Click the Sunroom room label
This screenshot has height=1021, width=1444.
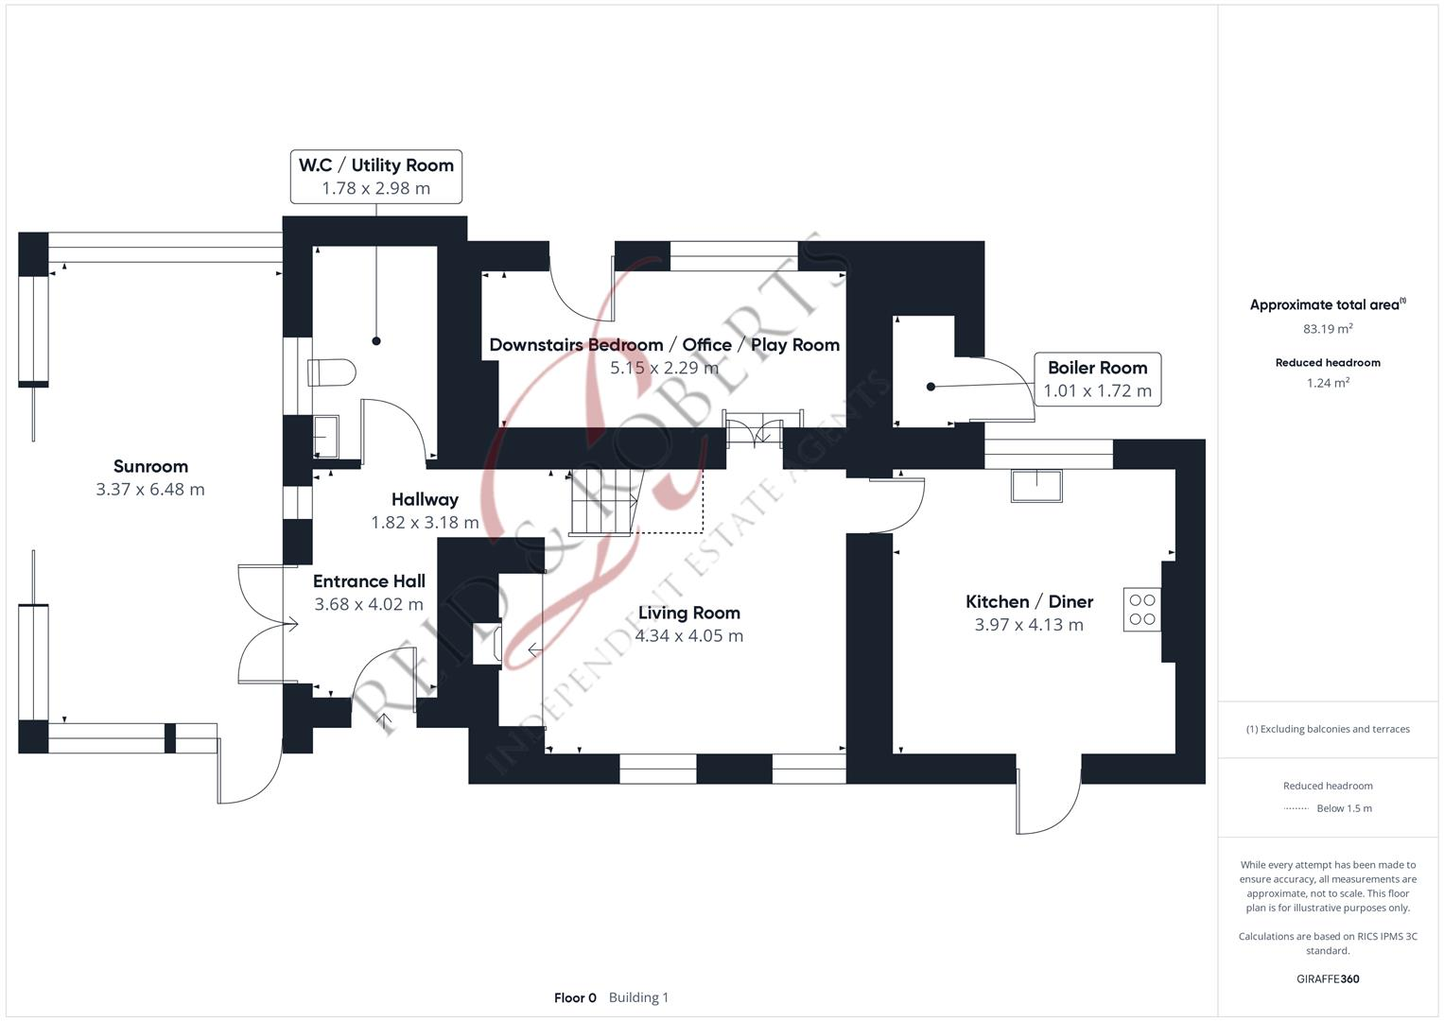pyautogui.click(x=150, y=466)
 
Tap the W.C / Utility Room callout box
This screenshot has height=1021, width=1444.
pyautogui.click(x=375, y=176)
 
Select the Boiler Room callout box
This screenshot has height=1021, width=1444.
pyautogui.click(x=1097, y=379)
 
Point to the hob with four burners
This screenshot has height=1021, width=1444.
pyautogui.click(x=1141, y=610)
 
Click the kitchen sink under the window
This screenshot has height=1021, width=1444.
pyautogui.click(x=1035, y=486)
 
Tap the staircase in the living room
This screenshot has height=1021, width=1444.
pyautogui.click(x=602, y=502)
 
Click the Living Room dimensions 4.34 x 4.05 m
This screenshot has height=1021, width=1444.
pyautogui.click(x=688, y=636)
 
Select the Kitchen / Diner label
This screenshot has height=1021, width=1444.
pyautogui.click(x=1029, y=601)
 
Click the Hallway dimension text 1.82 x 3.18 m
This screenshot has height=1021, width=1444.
pyautogui.click(x=425, y=523)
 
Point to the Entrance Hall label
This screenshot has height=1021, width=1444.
pyautogui.click(x=369, y=581)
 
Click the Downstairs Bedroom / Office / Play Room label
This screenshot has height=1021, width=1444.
pyautogui.click(x=664, y=345)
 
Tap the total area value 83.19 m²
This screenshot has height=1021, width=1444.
pyautogui.click(x=1328, y=329)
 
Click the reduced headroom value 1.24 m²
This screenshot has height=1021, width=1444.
pyautogui.click(x=1328, y=383)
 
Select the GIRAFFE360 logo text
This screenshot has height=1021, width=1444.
pyautogui.click(x=1328, y=978)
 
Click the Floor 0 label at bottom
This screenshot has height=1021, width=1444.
pyautogui.click(x=575, y=997)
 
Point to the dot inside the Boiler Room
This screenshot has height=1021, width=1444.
pyautogui.click(x=931, y=387)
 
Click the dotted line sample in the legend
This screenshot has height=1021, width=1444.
pyautogui.click(x=1296, y=808)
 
